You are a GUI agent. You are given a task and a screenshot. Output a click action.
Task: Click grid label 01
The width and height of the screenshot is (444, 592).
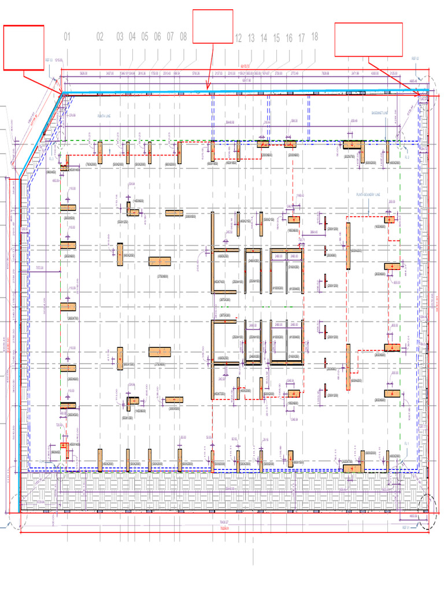(x=66, y=38)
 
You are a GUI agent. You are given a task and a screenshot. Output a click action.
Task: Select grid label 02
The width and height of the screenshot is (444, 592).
(x=99, y=38)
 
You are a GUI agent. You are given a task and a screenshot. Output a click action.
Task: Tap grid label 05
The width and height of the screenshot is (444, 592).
(x=145, y=38)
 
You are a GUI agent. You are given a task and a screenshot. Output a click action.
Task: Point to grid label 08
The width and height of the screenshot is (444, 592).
(x=183, y=38)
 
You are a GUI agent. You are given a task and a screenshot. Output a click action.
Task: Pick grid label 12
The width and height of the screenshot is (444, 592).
(x=238, y=39)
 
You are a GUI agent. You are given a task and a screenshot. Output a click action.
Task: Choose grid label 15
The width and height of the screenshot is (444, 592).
(x=276, y=39)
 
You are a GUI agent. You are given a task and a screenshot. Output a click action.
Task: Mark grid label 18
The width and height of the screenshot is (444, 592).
(x=314, y=36)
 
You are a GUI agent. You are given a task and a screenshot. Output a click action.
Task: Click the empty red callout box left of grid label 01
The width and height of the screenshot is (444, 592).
(x=24, y=47)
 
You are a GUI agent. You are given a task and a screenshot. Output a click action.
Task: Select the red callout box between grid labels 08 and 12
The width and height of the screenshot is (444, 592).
(x=213, y=26)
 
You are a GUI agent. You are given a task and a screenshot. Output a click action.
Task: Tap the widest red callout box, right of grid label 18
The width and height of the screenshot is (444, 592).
(x=368, y=39)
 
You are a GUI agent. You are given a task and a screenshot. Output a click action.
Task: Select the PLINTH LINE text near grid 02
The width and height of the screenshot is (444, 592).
(x=108, y=116)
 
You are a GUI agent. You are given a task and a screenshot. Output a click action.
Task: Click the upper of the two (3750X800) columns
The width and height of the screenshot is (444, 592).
(x=160, y=261)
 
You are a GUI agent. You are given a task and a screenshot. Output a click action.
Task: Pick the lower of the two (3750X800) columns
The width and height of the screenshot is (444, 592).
(x=160, y=351)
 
